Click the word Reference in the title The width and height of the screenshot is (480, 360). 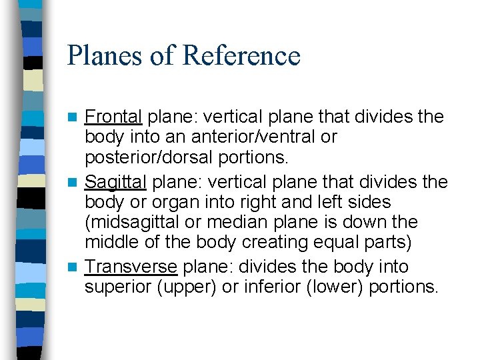click(x=241, y=56)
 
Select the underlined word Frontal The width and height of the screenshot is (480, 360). click(x=113, y=117)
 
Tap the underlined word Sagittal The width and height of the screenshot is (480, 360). click(x=117, y=181)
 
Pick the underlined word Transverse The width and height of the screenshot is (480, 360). click(x=131, y=267)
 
